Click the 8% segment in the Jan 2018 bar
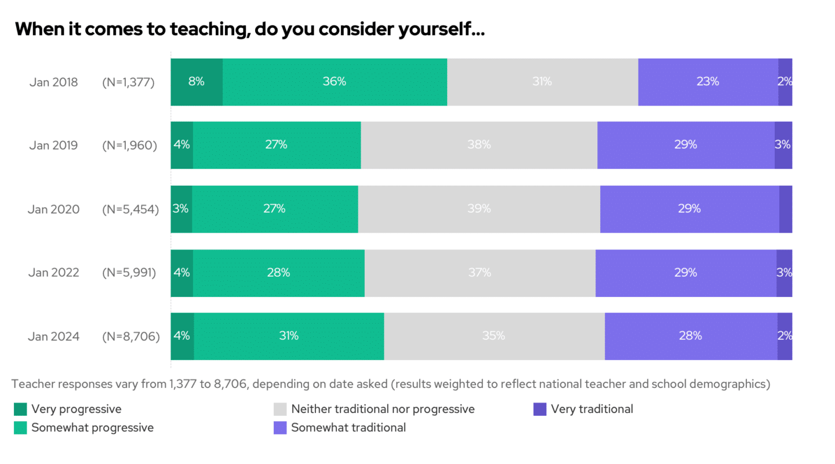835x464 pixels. pyautogui.click(x=197, y=82)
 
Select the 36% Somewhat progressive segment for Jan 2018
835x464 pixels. pyautogui.click(x=335, y=82)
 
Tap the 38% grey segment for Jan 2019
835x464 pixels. pyautogui.click(x=479, y=145)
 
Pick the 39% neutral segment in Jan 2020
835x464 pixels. pyautogui.click(x=479, y=209)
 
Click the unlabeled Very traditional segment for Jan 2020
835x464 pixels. pyautogui.click(x=786, y=209)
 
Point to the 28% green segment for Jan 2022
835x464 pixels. pyautogui.click(x=278, y=273)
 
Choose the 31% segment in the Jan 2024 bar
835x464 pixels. pyautogui.click(x=289, y=336)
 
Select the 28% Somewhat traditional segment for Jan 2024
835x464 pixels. pyautogui.click(x=691, y=336)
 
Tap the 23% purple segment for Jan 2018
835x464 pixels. pyautogui.click(x=708, y=82)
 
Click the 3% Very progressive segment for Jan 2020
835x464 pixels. pyautogui.click(x=181, y=209)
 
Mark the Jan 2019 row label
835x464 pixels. pyautogui.click(x=53, y=145)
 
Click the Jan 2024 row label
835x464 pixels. pyautogui.click(x=53, y=336)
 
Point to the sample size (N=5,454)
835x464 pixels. pyautogui.click(x=130, y=209)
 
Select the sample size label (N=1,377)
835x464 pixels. pyautogui.click(x=128, y=82)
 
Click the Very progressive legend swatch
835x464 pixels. pyautogui.click(x=20, y=409)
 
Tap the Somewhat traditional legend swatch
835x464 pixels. pyautogui.click(x=280, y=428)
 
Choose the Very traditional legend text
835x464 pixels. pyautogui.click(x=591, y=409)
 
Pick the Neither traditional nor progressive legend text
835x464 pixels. pyautogui.click(x=383, y=409)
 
